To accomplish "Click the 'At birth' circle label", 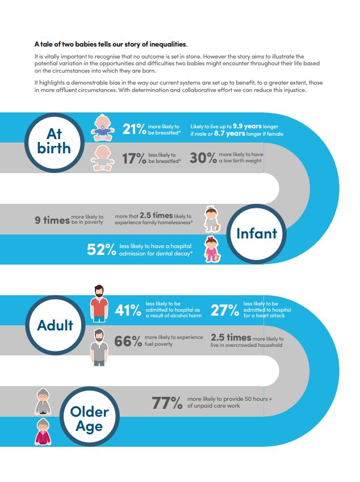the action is [x=54, y=141].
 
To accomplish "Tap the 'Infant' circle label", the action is [x=257, y=233].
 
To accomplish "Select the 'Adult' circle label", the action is [x=55, y=325].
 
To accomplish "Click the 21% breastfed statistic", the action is [x=135, y=129].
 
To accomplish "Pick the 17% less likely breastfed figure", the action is [x=134, y=158].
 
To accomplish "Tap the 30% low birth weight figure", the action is [x=203, y=158].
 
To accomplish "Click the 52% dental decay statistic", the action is [x=102, y=249].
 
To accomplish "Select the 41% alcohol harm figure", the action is [x=128, y=310].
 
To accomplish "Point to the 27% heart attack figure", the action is [x=225, y=310].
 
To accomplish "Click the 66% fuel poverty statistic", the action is [x=128, y=341].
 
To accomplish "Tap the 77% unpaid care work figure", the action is [x=167, y=403].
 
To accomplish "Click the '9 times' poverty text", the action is [x=52, y=220].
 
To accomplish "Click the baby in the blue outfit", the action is [x=103, y=128].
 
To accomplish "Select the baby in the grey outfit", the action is [x=103, y=158].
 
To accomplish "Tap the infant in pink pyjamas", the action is [x=212, y=249].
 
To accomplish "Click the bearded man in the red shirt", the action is [x=99, y=303].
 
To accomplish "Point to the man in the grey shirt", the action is [x=99, y=347].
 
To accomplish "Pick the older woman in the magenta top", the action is [x=43, y=431].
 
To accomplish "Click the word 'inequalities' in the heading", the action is [x=168, y=44].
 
